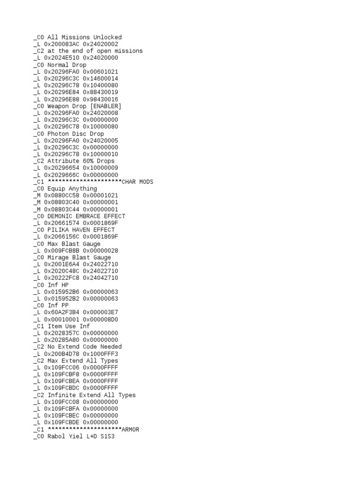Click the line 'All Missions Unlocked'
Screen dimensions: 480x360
point(84,37)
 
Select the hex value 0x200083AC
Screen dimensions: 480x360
point(61,44)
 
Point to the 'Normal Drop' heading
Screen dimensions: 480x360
point(67,65)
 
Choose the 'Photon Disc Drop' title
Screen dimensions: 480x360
point(75,134)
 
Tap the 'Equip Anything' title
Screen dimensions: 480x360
point(72,189)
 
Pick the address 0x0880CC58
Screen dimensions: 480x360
point(61,195)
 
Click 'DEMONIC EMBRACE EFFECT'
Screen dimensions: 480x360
point(86,216)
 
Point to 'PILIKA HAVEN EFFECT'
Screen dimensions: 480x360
point(81,230)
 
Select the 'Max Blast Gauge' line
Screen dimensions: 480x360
point(74,244)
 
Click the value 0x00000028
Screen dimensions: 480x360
point(100,251)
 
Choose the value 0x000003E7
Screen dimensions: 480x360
point(100,313)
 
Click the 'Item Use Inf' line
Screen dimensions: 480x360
point(69,326)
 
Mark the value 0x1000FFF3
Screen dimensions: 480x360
point(100,354)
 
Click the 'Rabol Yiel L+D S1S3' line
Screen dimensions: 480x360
point(81,436)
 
